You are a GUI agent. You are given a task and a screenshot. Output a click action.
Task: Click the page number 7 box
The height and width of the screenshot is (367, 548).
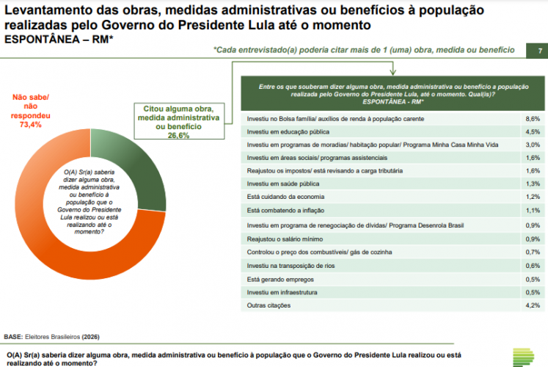click(x=540, y=51)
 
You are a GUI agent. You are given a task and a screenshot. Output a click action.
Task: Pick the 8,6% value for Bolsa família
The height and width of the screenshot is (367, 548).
click(x=533, y=118)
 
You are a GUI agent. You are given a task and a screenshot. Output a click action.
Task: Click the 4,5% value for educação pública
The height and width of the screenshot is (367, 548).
click(x=533, y=131)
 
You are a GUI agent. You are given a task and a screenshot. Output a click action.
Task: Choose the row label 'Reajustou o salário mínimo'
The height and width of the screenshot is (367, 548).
click(x=287, y=239)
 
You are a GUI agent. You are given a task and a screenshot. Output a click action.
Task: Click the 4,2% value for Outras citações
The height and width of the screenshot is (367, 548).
click(x=533, y=305)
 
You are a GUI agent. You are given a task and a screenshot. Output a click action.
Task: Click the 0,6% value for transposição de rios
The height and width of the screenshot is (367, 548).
click(x=533, y=265)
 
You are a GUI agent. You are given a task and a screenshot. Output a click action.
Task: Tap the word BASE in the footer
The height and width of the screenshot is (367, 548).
click(x=13, y=337)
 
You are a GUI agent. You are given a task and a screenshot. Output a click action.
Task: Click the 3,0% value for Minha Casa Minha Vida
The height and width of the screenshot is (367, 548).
click(x=533, y=145)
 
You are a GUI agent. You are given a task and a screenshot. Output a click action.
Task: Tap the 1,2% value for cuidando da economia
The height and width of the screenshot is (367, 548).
click(x=533, y=197)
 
